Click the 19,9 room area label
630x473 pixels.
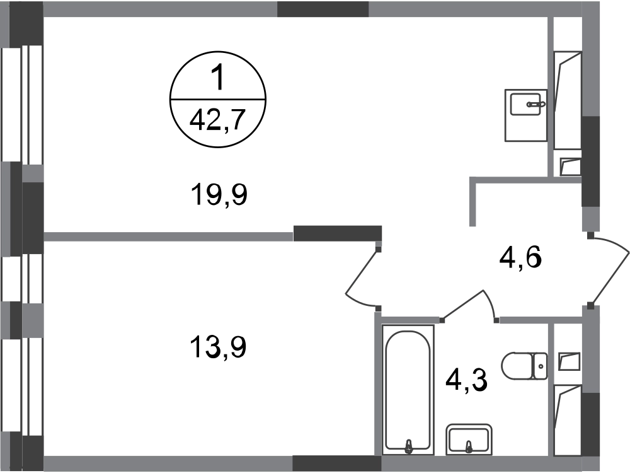[219, 194]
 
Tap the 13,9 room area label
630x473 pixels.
[218, 347]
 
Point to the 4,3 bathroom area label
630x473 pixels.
[466, 380]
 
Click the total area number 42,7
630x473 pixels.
[218, 119]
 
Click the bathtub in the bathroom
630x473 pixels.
[408, 390]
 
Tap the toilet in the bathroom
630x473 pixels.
[524, 366]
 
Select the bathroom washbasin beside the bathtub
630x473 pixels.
[469, 440]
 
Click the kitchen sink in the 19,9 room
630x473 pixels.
[526, 115]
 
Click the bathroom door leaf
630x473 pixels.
[462, 305]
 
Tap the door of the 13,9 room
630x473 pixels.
[362, 271]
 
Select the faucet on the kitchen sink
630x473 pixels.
[536, 104]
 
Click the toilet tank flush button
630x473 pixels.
[541, 366]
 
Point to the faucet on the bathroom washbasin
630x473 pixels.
[468, 446]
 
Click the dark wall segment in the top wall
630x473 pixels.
[323, 9]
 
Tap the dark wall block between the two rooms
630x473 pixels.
[338, 233]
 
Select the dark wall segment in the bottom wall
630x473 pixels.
[336, 464]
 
